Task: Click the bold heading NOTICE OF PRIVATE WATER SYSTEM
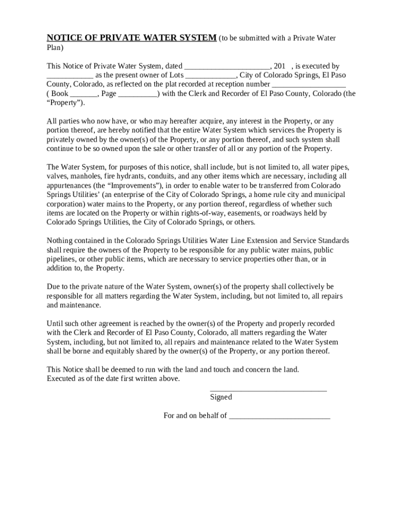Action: (131, 38)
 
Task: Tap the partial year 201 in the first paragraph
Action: (279, 67)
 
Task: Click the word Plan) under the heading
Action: (55, 48)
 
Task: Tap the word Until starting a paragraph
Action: (56, 324)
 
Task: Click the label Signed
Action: (221, 397)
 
